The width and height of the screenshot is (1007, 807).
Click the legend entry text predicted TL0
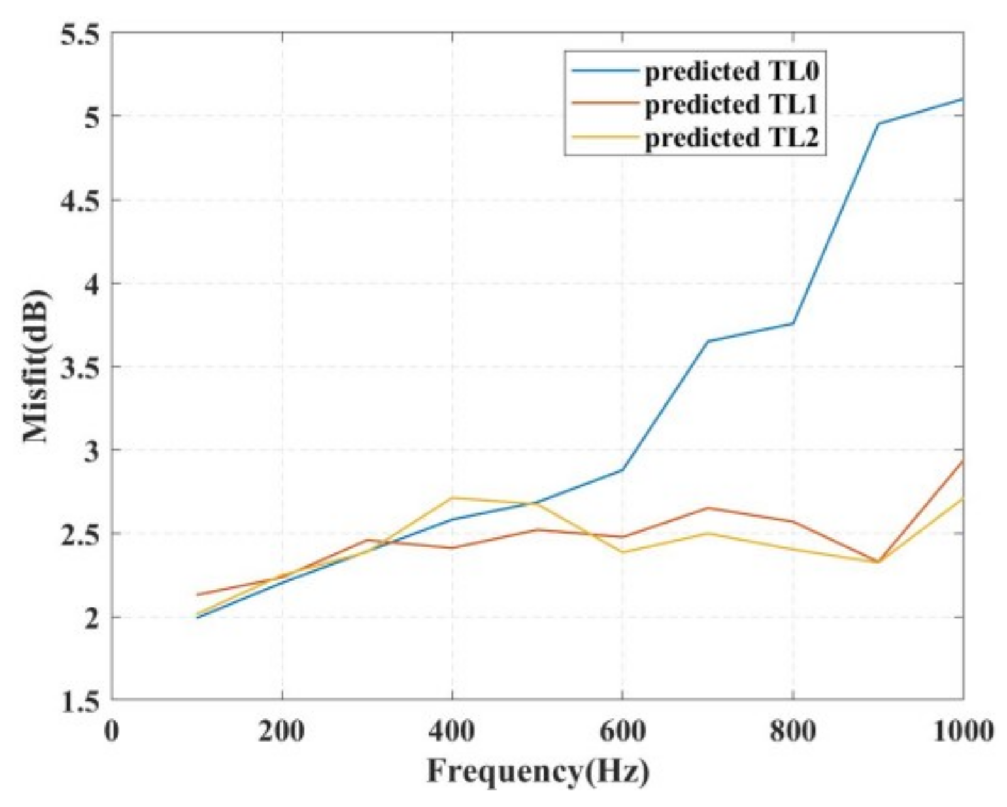point(732,72)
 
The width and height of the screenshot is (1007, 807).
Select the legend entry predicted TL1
point(732,105)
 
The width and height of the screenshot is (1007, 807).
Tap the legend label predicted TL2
point(732,138)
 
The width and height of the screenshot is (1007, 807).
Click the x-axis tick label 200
point(282,732)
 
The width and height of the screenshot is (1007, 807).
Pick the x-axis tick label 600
point(622,732)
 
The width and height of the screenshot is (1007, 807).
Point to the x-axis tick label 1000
point(962,732)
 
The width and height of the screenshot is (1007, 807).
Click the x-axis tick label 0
point(112,732)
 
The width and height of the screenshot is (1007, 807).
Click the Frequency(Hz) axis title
point(537,771)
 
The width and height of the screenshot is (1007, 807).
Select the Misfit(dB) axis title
point(36,366)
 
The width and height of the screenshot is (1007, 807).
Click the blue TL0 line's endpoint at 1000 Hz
point(962,99)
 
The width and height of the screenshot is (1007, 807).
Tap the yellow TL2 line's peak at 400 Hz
point(452,498)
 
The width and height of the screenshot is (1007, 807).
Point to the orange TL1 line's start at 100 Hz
point(197,595)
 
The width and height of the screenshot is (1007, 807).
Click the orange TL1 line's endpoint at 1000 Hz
point(962,461)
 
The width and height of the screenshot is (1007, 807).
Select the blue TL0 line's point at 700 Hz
point(708,341)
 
